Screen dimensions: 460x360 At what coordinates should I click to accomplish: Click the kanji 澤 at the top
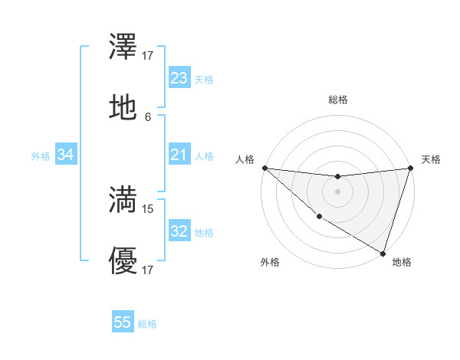coord(123,48)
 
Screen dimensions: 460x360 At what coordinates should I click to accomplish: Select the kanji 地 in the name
coord(123,108)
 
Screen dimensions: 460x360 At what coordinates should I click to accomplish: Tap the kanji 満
coord(123,200)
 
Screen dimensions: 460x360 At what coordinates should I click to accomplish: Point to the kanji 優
coord(123,262)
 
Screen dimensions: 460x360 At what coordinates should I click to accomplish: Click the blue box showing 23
coord(179,78)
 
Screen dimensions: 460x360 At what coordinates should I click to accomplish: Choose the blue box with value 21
coord(179,155)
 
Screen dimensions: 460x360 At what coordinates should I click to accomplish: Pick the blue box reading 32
coord(179,232)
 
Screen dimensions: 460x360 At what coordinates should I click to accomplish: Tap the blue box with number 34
coord(66,155)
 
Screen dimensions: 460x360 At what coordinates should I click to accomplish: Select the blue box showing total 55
coord(123,322)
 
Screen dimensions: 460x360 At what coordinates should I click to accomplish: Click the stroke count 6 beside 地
coord(148,117)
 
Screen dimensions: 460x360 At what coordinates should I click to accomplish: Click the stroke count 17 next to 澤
coord(148,55)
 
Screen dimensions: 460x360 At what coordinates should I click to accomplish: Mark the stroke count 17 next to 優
coord(148,270)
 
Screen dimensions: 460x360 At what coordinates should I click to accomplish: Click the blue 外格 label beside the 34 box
coord(41,156)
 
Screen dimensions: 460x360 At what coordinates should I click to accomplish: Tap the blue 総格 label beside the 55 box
coord(147,324)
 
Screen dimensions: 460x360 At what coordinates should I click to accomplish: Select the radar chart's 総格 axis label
coord(337,100)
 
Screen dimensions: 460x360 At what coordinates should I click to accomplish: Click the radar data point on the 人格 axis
coord(264,168)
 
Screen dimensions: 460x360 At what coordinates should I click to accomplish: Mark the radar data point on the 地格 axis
coord(383,253)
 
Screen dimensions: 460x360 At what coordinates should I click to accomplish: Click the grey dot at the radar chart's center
coord(337,191)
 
